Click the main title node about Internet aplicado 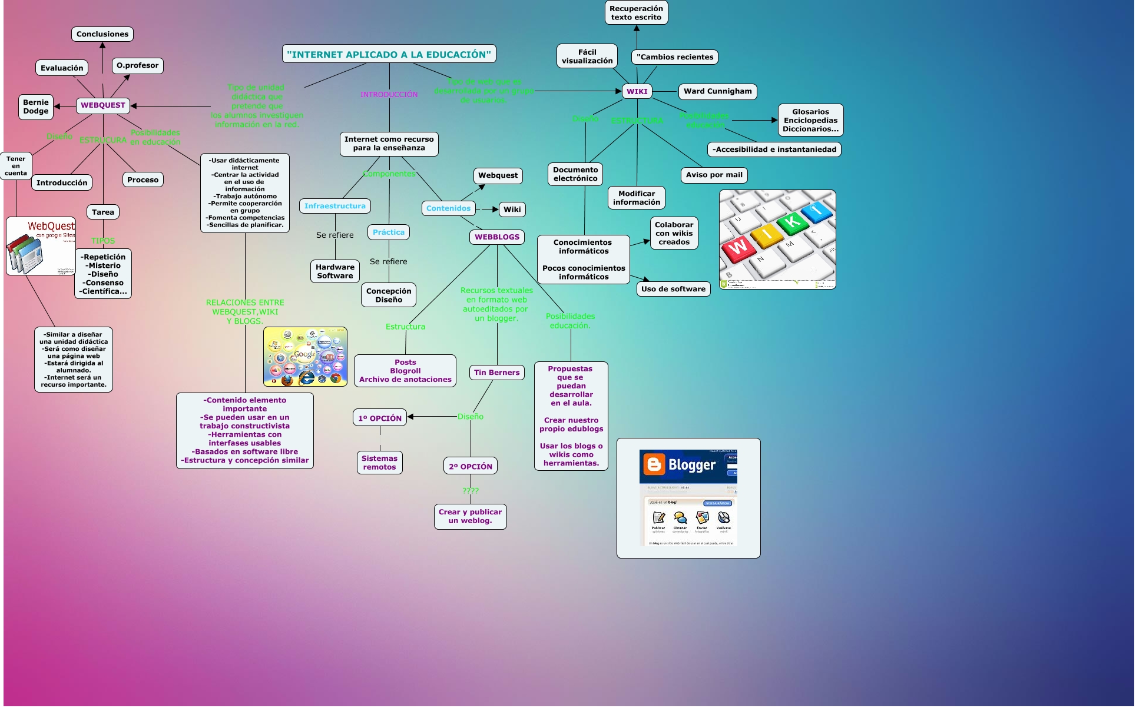[x=389, y=54]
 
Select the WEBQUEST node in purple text [x=103, y=105]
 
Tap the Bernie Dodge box [x=36, y=107]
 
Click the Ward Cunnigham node [x=717, y=91]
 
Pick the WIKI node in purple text [x=637, y=91]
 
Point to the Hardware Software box [x=335, y=271]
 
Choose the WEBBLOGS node [x=497, y=237]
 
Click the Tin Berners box [x=496, y=373]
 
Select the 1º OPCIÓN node [x=380, y=418]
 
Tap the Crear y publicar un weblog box [x=470, y=516]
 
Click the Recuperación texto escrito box [x=636, y=13]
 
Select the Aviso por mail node [x=714, y=175]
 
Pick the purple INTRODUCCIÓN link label [x=389, y=94]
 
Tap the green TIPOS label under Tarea [x=103, y=241]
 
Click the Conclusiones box [x=102, y=34]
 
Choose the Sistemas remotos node [x=379, y=463]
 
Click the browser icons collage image [x=305, y=357]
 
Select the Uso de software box [x=673, y=289]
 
